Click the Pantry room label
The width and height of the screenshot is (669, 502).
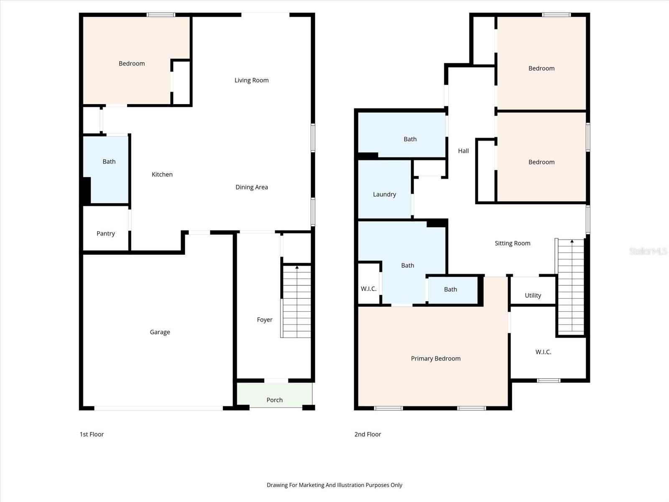click(105, 233)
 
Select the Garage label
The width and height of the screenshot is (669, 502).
click(160, 332)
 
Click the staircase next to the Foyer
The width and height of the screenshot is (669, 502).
click(296, 301)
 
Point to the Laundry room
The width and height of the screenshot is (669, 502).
click(384, 194)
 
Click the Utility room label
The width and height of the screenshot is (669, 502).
click(533, 295)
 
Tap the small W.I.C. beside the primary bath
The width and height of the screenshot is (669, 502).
click(368, 289)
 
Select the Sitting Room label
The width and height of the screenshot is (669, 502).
click(512, 243)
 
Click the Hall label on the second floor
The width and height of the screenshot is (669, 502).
click(463, 151)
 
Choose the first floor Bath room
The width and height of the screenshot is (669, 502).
click(109, 161)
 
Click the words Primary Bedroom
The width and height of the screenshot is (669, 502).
click(436, 358)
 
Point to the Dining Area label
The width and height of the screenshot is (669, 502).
click(251, 187)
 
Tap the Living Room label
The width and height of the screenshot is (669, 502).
click(251, 80)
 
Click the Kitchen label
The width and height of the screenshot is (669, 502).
click(162, 174)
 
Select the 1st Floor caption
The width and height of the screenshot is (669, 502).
click(92, 434)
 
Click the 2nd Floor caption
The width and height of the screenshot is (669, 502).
click(368, 434)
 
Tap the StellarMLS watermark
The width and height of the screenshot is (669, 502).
click(648, 251)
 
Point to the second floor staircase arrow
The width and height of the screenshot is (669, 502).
click(572, 241)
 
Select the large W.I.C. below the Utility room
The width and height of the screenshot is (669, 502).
click(543, 352)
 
